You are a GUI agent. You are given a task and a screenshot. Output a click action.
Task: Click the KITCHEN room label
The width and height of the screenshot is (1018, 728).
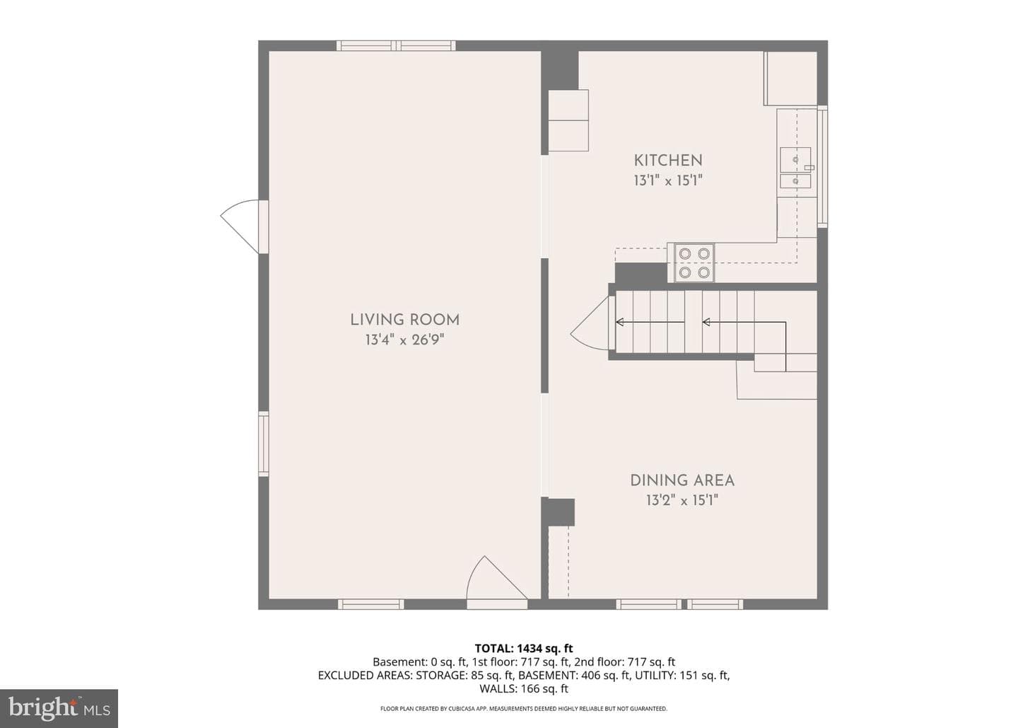pos(668,160)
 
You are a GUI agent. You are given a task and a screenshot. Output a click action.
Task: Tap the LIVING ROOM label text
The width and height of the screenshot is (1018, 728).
pos(405,320)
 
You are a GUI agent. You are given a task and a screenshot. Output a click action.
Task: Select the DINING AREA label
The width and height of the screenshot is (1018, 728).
pos(682,480)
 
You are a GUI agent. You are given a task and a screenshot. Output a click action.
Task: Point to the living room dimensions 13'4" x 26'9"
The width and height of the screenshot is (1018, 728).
pos(404,340)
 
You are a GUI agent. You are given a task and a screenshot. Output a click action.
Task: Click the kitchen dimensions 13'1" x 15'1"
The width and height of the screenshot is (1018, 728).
pos(668,180)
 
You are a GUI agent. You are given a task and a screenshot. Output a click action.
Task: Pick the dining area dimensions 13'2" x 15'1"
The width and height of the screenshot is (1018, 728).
pos(682,500)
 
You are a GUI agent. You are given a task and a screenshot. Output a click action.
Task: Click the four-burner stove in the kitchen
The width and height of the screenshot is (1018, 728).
pos(694,262)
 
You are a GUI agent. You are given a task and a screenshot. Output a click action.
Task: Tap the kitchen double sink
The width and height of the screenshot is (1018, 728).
pos(796,168)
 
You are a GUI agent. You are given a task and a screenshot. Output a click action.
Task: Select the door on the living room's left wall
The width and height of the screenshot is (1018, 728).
pos(245,226)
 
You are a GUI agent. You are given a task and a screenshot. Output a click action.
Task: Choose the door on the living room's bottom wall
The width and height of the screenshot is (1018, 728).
pos(497,582)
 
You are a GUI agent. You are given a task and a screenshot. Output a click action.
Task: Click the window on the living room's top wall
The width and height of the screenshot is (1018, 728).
pos(396,45)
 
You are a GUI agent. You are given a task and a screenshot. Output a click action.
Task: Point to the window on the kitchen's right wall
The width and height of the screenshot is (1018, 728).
pos(823,166)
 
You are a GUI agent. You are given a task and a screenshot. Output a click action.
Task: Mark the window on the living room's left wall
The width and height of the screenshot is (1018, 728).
pos(264,444)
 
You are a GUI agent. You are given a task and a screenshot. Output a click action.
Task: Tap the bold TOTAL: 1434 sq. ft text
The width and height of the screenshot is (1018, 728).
pos(524,648)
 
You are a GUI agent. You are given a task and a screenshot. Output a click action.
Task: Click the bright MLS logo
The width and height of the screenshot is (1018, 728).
pos(59,708)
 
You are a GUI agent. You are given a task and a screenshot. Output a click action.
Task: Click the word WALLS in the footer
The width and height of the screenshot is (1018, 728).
pos(497,688)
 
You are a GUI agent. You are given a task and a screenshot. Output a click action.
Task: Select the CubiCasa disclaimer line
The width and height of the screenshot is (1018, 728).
pos(524,708)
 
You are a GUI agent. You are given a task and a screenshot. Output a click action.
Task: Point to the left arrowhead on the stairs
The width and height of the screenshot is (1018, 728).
pos(619,323)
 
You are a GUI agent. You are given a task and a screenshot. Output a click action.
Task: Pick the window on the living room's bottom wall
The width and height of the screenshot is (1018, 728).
pos(371,604)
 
